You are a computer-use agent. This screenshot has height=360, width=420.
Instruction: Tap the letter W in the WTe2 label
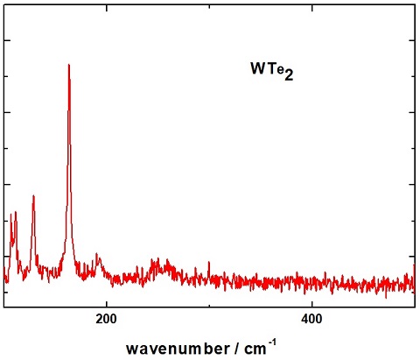click(258, 67)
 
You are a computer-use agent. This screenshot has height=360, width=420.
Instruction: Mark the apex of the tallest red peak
click(68, 64)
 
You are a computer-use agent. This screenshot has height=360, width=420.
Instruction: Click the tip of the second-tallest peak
click(33, 195)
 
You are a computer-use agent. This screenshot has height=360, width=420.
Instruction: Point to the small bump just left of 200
click(97, 257)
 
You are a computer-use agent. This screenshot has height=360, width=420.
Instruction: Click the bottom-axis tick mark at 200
click(106, 302)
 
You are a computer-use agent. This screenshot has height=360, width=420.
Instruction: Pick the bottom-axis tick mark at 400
click(312, 302)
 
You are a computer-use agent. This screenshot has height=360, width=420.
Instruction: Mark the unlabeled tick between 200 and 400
click(209, 303)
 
